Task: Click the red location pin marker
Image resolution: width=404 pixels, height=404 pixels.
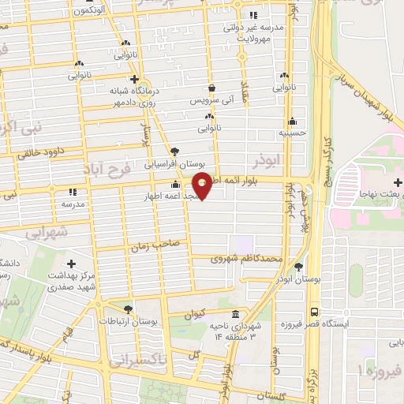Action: click(203, 184)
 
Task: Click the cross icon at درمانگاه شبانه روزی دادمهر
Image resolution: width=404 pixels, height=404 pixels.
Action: click(135, 79)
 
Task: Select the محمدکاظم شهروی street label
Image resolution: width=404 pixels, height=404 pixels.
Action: click(247, 258)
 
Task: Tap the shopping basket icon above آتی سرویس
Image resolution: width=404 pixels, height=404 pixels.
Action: click(211, 88)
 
